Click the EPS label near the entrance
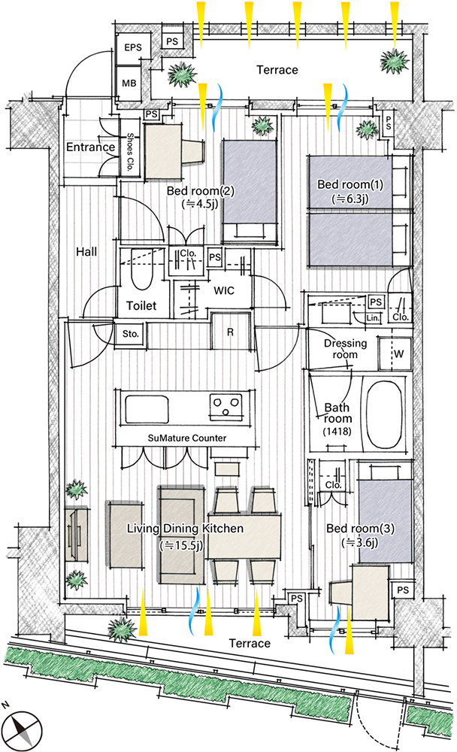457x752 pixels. pos(133,47)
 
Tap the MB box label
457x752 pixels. pos(129,83)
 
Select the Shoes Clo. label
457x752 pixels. pos(129,152)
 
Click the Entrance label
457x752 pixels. pos(91,147)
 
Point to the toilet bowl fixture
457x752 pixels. pos(142,274)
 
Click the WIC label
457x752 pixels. pos(224,290)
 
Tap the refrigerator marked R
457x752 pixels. pos(230,332)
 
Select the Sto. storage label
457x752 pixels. pos(130,333)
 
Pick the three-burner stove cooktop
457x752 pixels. pos(225,407)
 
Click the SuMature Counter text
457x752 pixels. pos(187,438)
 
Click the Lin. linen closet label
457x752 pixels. pos(373,318)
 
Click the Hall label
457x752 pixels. pos(86,251)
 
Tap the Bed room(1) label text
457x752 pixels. pos(350,184)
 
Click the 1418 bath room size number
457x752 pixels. pos(337,431)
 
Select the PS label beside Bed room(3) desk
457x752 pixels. pos(403,590)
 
